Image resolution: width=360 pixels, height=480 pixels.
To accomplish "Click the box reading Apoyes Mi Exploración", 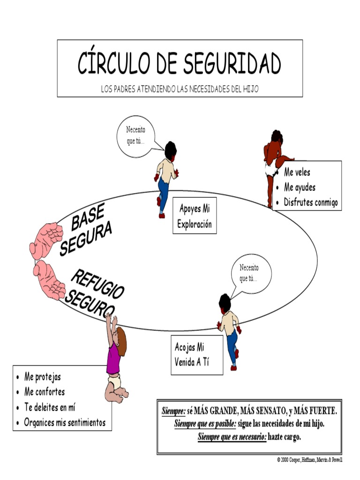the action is click(x=194, y=216).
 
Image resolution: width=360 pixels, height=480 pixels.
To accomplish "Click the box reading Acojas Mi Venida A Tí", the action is click(x=196, y=355).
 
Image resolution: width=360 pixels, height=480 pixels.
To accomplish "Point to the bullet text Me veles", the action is click(x=297, y=172).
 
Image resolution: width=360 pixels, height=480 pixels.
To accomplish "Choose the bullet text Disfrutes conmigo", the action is click(x=311, y=202).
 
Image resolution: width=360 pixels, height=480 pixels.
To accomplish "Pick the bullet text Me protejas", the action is click(x=43, y=377).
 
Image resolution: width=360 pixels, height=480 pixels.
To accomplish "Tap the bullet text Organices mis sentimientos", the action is click(x=65, y=422).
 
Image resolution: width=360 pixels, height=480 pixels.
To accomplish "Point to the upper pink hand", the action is click(x=46, y=240).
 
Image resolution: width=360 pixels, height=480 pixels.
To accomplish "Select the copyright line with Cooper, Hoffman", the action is click(x=310, y=460).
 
